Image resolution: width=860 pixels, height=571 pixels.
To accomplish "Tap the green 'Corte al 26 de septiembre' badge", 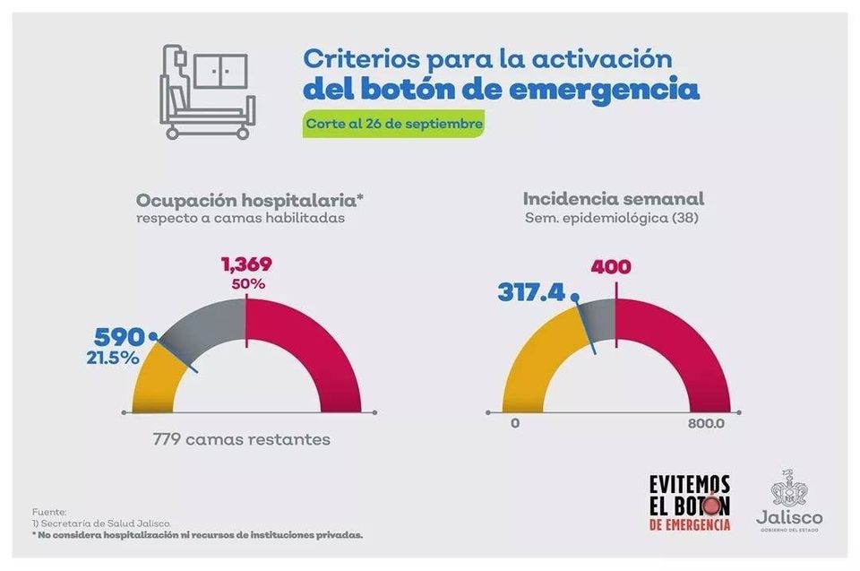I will pos(395,124).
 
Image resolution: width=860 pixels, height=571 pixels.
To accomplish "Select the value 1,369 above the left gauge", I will pos(245,264).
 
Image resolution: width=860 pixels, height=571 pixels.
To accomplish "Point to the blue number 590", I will pos(120,338).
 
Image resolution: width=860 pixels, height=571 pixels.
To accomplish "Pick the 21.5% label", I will pos(113,358).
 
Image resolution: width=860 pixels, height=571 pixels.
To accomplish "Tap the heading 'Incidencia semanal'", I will pos(613,199).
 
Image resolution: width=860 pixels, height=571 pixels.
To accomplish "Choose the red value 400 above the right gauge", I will pos(610,266).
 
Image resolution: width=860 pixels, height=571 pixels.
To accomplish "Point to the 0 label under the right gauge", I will pos(515,424).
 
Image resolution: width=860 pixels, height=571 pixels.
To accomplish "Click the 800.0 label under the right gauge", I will pos(705,424).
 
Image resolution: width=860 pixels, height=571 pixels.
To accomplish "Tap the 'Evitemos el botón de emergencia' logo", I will pos(689,501).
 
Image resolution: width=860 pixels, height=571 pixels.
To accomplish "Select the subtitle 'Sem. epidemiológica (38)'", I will pos(613,218).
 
